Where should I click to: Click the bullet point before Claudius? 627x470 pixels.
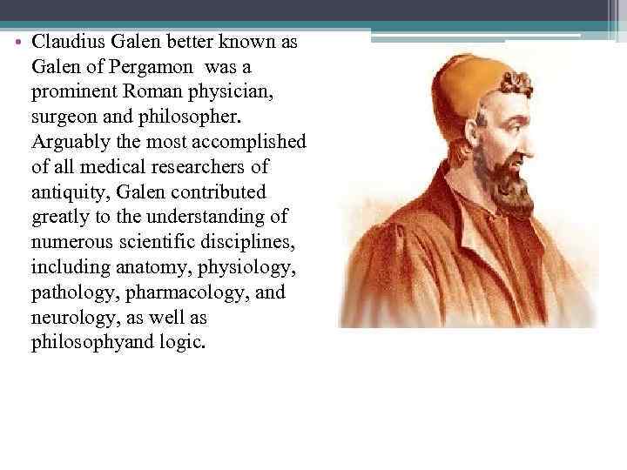[x=20, y=42]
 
